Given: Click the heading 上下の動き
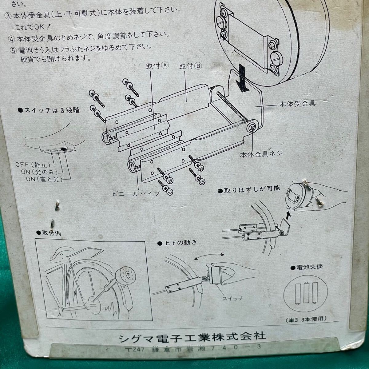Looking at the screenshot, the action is tap(177, 243).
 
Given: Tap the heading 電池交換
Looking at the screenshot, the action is tap(306, 267).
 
